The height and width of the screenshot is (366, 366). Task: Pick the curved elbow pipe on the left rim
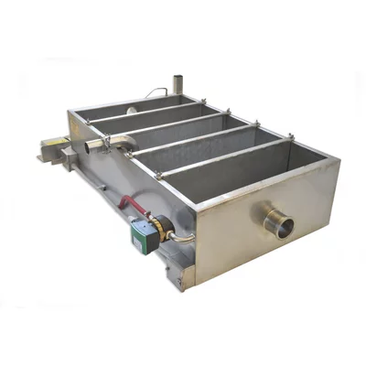point(113,141)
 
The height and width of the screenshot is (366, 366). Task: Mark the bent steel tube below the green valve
point(182,240)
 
